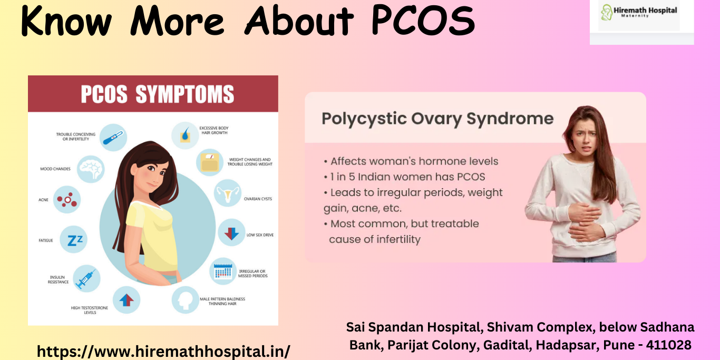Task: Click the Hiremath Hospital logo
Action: point(639,15)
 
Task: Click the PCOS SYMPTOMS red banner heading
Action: point(157,94)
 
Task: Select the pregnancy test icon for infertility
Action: point(113,138)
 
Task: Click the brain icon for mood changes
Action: point(91,169)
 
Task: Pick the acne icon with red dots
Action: point(67,200)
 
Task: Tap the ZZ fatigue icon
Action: point(74,240)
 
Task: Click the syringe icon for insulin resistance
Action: point(85,278)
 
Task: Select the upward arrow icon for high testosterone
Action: point(126,300)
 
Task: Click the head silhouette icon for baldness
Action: point(186,300)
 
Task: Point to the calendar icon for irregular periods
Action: point(223,271)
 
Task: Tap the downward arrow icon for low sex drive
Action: point(231,233)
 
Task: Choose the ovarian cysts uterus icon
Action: point(228,193)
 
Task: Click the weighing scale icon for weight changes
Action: point(210,162)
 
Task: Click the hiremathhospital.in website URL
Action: point(163,351)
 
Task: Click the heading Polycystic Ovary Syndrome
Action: point(437,119)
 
